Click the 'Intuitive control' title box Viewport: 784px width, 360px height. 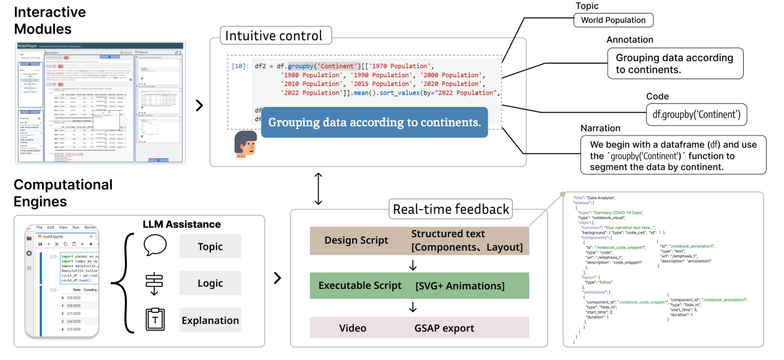[x=274, y=35]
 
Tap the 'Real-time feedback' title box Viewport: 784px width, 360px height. [x=451, y=210]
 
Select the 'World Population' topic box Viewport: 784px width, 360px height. [x=613, y=20]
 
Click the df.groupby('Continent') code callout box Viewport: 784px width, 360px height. [x=696, y=114]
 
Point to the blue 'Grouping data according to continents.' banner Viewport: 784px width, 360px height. [x=374, y=122]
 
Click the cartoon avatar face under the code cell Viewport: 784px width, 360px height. [x=246, y=143]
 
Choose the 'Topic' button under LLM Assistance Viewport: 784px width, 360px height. [x=210, y=246]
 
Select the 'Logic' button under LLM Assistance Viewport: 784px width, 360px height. [x=210, y=283]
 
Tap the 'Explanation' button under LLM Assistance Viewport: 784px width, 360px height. [x=210, y=320]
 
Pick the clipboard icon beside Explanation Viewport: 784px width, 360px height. [x=155, y=320]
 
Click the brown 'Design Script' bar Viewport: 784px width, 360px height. [x=419, y=240]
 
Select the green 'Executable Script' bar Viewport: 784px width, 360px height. [x=419, y=286]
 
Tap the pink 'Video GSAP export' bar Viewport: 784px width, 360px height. [x=419, y=328]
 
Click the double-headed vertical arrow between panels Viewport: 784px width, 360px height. [x=319, y=189]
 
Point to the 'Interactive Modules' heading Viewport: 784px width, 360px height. [x=50, y=20]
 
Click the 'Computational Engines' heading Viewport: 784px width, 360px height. [x=63, y=193]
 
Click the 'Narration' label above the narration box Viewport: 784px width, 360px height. [x=600, y=128]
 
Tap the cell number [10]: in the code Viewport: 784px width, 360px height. [x=239, y=66]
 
